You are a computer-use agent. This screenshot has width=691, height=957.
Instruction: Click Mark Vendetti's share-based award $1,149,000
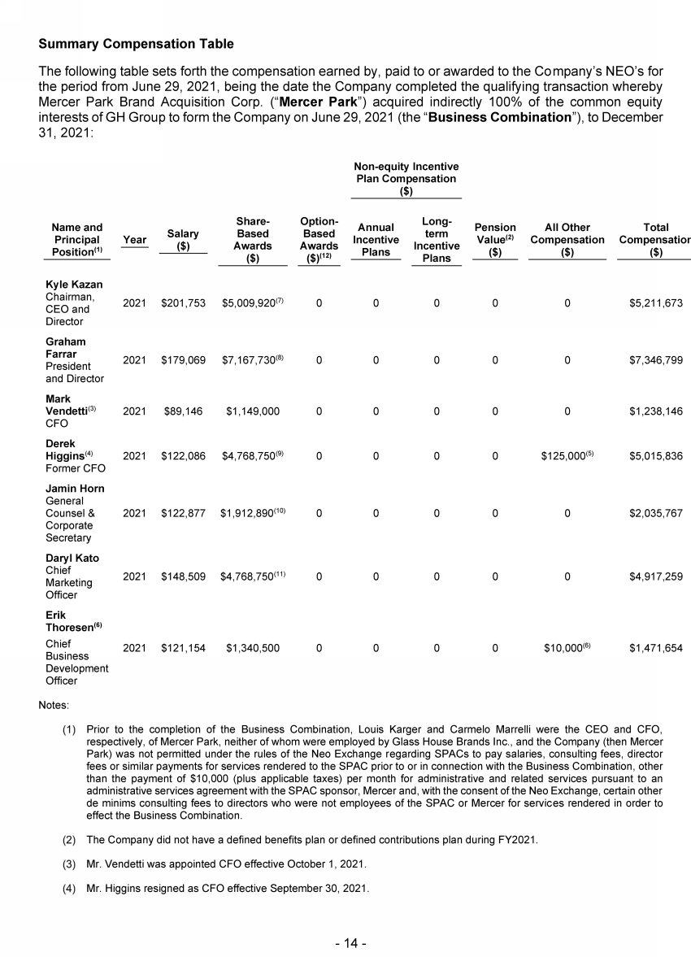(x=252, y=411)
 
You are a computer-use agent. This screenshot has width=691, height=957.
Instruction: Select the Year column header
(x=135, y=240)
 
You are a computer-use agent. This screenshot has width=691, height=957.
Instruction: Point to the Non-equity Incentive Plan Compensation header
(x=406, y=178)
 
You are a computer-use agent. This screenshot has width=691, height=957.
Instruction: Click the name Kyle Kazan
(x=72, y=285)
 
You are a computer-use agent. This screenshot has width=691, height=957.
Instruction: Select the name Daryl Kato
(x=70, y=559)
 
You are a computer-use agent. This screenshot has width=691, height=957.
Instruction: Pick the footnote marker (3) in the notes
(x=71, y=863)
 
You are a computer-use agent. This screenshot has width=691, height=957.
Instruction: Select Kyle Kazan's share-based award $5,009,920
(x=250, y=303)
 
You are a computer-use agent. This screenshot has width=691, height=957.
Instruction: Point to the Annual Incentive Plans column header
(x=376, y=240)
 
